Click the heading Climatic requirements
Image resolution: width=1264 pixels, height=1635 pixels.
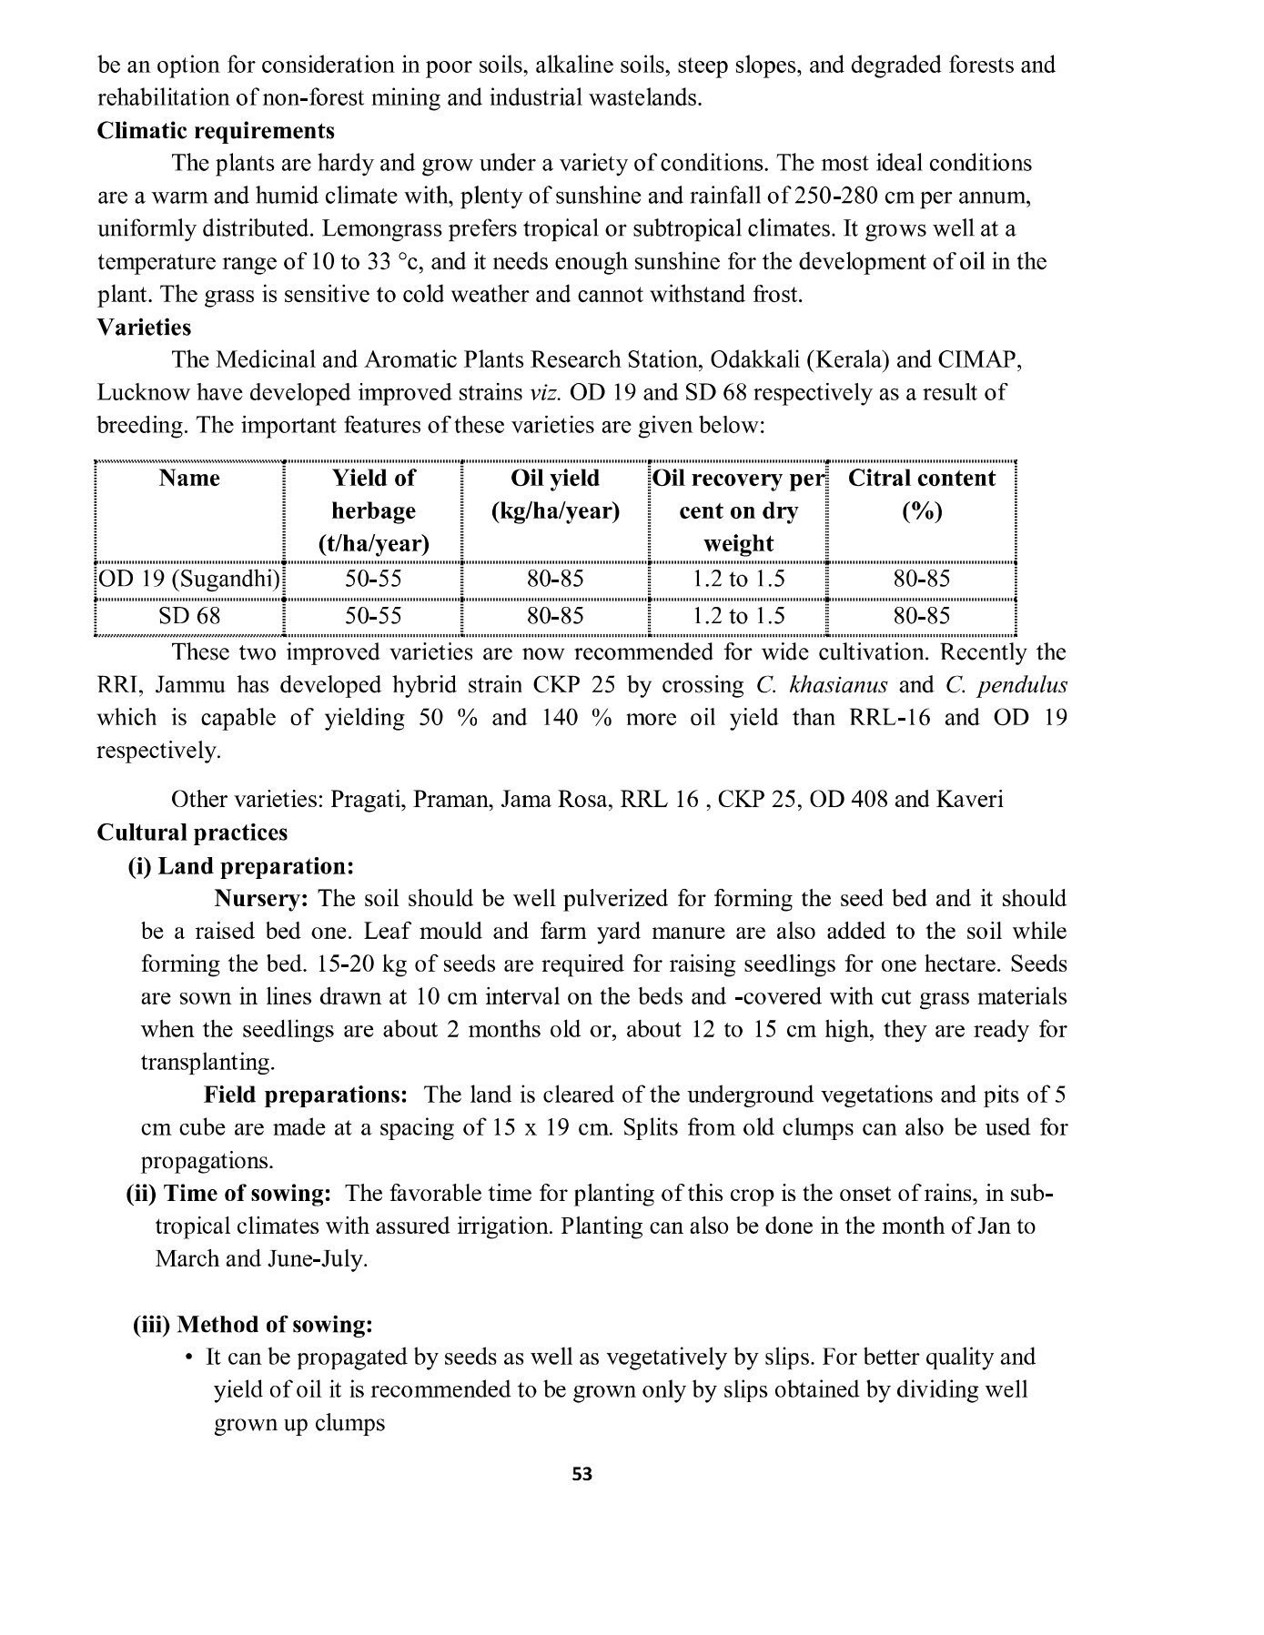click(x=216, y=131)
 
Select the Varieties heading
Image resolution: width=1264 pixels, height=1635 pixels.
click(x=144, y=328)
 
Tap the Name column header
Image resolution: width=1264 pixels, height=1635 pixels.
click(x=189, y=479)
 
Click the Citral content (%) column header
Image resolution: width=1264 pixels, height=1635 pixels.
click(x=922, y=494)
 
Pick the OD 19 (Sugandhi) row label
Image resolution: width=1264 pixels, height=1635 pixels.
click(x=189, y=580)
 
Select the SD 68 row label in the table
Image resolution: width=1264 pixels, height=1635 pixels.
click(x=189, y=616)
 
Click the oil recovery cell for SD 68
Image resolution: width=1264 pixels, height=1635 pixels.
click(x=738, y=616)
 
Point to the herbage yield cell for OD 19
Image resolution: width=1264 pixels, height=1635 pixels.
click(x=373, y=580)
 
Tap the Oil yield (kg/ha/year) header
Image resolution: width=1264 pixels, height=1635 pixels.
click(x=555, y=494)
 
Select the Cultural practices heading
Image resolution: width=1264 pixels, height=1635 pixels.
click(x=192, y=833)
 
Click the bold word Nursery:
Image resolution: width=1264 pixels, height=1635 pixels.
click(x=261, y=899)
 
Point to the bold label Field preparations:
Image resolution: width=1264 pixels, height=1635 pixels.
click(x=305, y=1095)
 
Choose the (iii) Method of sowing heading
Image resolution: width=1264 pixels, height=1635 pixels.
click(x=253, y=1325)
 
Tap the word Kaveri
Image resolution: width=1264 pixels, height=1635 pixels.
click(x=969, y=800)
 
